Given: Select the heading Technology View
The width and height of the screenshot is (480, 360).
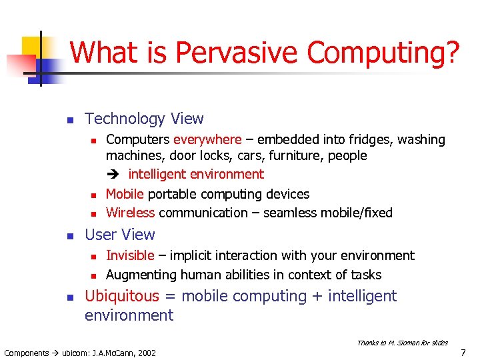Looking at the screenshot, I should (x=144, y=119).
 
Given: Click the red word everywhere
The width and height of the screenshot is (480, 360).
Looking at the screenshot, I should (x=207, y=139).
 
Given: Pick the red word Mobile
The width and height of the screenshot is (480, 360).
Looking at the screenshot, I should (x=125, y=194).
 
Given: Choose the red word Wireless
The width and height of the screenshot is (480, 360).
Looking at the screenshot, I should (x=130, y=213).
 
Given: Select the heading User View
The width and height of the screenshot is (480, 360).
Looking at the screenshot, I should (x=119, y=235).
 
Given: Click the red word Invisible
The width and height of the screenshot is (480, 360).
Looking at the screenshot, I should (x=130, y=255).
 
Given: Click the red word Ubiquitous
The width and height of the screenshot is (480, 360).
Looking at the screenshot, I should (x=122, y=296).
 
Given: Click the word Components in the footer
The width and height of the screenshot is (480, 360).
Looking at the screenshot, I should (x=26, y=353).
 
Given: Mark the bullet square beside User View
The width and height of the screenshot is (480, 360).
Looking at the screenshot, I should (x=69, y=235).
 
